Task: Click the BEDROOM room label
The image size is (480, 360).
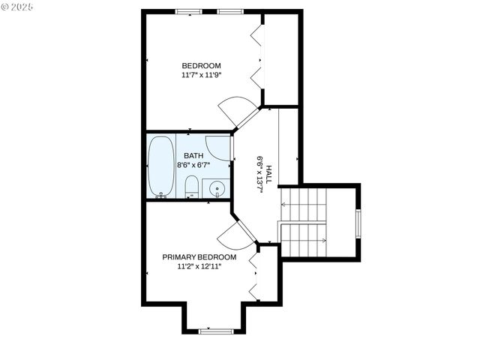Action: click(x=201, y=65)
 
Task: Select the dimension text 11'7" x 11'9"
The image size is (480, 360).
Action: click(x=201, y=75)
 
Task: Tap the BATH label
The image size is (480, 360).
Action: click(x=193, y=155)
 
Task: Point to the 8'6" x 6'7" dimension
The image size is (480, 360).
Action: click(x=193, y=164)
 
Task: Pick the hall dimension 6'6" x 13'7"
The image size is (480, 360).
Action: click(x=259, y=175)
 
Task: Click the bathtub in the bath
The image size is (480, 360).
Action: click(x=160, y=166)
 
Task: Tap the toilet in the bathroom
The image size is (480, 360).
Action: click(x=190, y=187)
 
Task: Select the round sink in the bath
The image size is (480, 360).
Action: click(x=217, y=189)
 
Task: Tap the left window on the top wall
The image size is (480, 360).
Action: click(x=188, y=12)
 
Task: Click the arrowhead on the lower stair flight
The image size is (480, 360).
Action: click(x=323, y=241)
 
